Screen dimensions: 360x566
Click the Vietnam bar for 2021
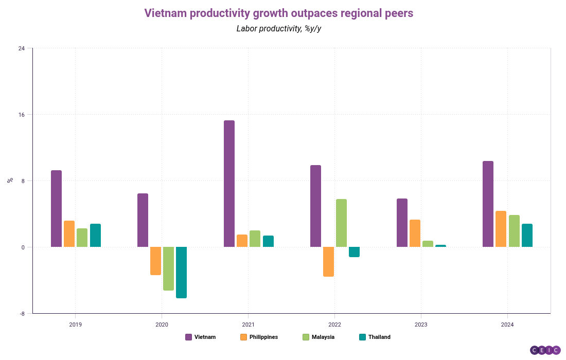pos(229,184)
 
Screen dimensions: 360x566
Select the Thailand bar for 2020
pos(181,272)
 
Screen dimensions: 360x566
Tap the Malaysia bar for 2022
pos(341,223)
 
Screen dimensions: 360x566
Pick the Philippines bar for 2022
pos(328,261)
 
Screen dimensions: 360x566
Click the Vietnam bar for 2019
pos(56,208)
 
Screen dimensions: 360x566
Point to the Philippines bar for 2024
pos(501,229)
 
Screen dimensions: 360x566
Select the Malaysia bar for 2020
pos(168,268)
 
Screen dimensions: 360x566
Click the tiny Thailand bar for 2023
pos(440,246)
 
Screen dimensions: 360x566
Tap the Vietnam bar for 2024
pos(488,204)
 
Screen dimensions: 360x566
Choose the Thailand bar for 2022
pos(354,251)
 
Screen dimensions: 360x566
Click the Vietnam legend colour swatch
pos(188,337)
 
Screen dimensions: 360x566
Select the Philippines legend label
pos(263,337)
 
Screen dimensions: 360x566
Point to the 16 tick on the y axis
pos(22,115)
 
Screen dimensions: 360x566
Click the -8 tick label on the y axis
pos(22,313)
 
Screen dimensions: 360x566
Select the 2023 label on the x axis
pos(421,325)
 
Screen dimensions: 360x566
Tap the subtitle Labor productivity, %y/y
pos(279,28)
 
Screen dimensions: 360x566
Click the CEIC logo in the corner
pos(545,350)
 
